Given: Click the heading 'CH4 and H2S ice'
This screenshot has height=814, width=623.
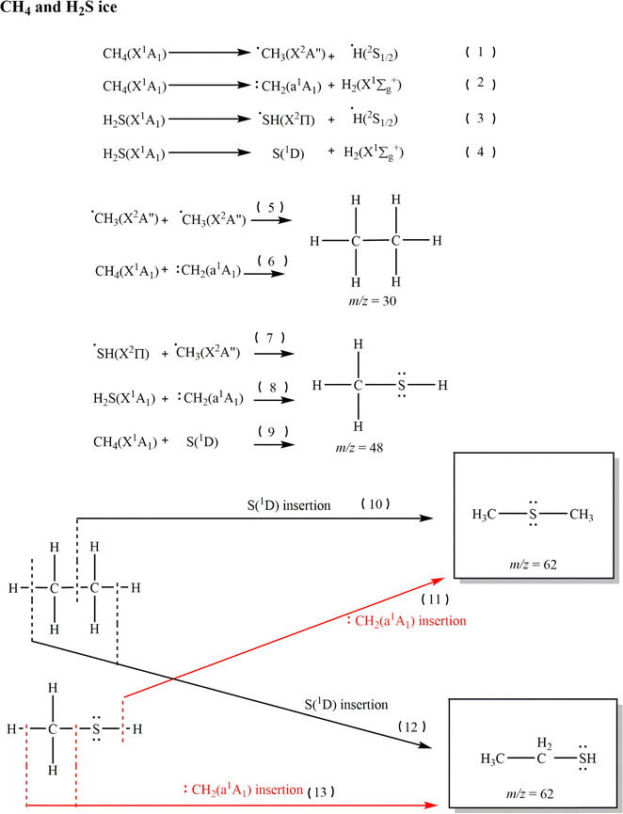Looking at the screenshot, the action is [58, 8].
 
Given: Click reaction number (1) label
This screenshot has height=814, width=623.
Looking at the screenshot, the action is [480, 52].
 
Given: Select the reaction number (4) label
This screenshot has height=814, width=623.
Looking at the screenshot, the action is [480, 152].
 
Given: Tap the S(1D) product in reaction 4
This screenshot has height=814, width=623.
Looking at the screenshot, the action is [288, 153].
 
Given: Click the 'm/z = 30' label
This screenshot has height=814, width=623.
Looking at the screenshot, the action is [373, 301].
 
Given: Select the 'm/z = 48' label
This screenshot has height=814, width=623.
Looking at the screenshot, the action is [359, 448].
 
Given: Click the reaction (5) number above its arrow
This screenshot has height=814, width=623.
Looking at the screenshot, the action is [271, 208].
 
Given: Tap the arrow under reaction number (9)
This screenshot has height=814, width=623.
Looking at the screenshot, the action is [274, 444].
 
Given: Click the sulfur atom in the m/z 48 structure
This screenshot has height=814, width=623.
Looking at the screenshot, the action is [401, 385].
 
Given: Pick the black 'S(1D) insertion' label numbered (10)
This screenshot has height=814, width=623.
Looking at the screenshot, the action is [289, 505].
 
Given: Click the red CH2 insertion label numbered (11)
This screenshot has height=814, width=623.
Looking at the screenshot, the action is [407, 621].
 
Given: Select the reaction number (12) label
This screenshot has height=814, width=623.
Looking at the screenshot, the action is [411, 726].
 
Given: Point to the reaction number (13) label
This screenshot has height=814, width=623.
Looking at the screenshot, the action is [320, 792].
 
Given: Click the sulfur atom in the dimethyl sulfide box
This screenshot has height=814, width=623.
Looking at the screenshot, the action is [533, 515].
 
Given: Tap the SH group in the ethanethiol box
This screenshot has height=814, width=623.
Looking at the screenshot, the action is [587, 758].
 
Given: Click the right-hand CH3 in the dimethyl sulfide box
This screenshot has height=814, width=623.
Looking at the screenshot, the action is [582, 515].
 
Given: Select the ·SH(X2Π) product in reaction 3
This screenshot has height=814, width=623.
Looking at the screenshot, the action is [287, 120].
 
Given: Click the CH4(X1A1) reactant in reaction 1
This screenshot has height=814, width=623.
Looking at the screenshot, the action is [135, 54].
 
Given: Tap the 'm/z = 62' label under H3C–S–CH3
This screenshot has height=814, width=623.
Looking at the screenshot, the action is [533, 565].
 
